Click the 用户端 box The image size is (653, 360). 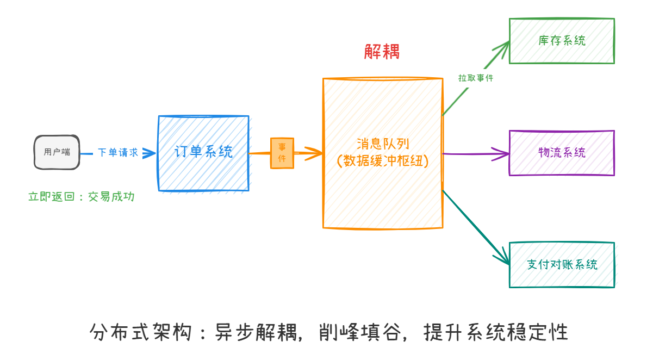click(x=57, y=152)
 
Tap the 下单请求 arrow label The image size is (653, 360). click(x=117, y=153)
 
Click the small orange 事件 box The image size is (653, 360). click(x=282, y=153)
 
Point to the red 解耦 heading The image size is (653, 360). click(x=382, y=52)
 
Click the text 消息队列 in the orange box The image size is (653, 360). click(x=383, y=144)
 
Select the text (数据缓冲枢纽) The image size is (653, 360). click(x=383, y=162)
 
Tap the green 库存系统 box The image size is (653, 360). click(x=562, y=41)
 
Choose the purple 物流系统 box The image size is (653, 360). click(x=562, y=153)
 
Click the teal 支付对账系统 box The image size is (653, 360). click(x=562, y=265)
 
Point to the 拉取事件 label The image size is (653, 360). click(x=475, y=78)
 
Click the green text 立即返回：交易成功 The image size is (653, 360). click(x=81, y=197)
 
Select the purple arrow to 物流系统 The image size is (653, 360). click(x=473, y=154)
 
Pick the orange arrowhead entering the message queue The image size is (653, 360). click(x=315, y=153)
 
